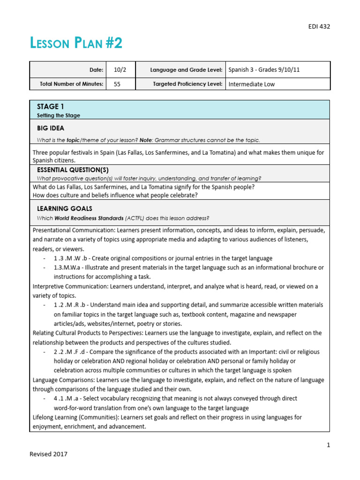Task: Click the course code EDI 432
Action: pyautogui.click(x=319, y=26)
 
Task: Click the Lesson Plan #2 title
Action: pyautogui.click(x=76, y=44)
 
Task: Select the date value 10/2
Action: pyautogui.click(x=120, y=69)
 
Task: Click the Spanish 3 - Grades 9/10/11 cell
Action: pyautogui.click(x=264, y=69)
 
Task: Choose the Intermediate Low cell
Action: pyautogui.click(x=252, y=84)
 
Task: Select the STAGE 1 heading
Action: pyautogui.click(x=47, y=106)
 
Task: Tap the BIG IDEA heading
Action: pyautogui.click(x=51, y=128)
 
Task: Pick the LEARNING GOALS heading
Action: pyautogui.click(x=64, y=208)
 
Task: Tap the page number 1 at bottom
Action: pyautogui.click(x=328, y=445)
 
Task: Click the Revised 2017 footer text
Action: pyautogui.click(x=48, y=454)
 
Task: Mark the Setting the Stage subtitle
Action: pyautogui.click(x=58, y=115)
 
